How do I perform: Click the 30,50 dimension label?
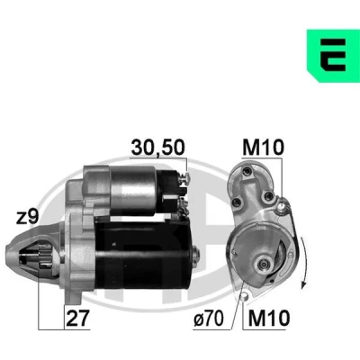pyautogui.click(x=157, y=148)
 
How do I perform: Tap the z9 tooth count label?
pyautogui.click(x=27, y=217)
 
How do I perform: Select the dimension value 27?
pyautogui.click(x=77, y=318)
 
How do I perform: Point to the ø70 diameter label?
pyautogui.click(x=209, y=318)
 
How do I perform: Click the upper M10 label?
pyautogui.click(x=263, y=148)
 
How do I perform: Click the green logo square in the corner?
pyautogui.click(x=333, y=56)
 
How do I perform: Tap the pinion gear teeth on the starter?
pyautogui.click(x=45, y=256)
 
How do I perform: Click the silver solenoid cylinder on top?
pyautogui.click(x=132, y=191)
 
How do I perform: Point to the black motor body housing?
pyautogui.click(x=142, y=254)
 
